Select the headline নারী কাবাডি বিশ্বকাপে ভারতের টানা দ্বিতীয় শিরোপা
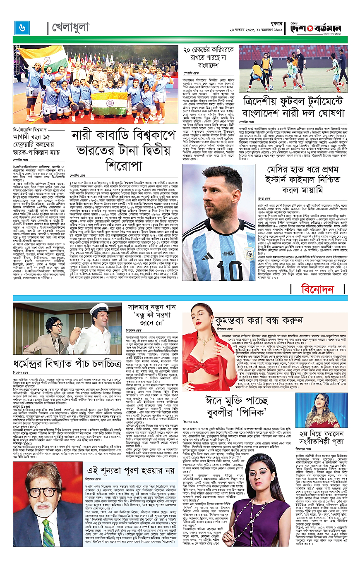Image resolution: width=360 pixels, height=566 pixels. point(125,153)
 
